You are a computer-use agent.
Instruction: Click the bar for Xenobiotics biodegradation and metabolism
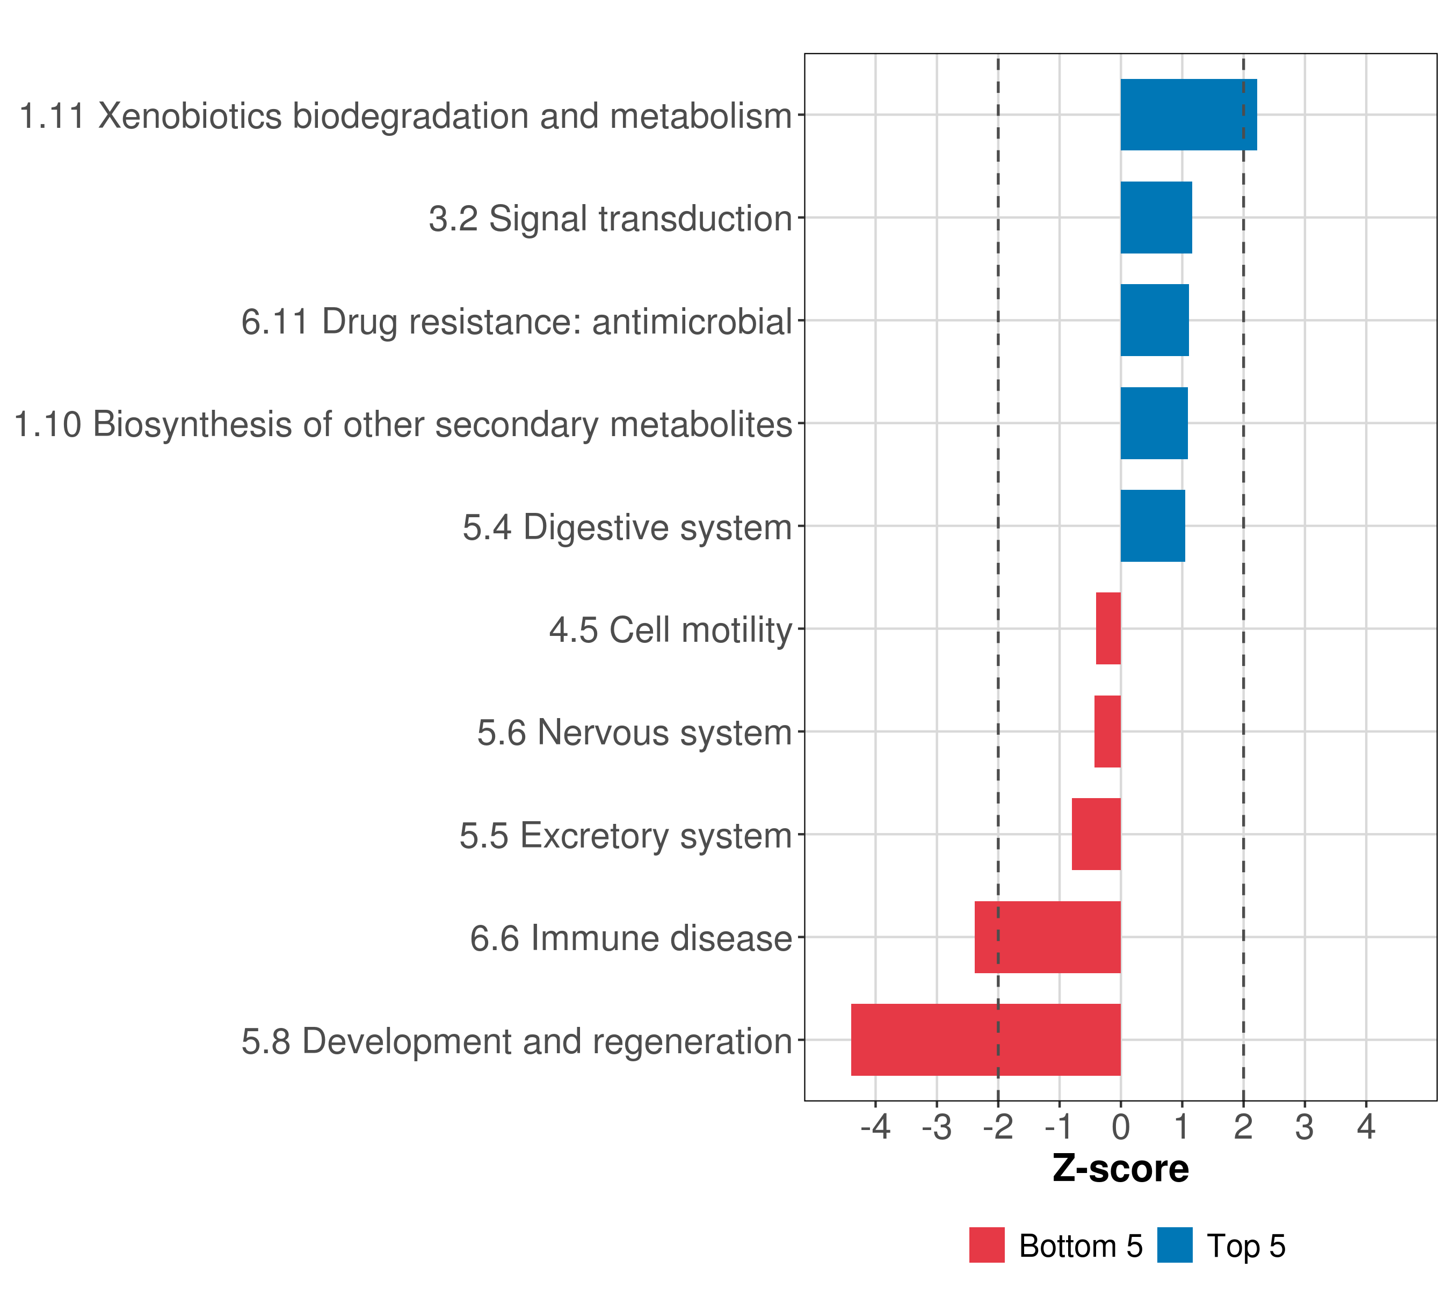click(1188, 114)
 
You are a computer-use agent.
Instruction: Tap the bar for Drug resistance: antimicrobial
click(1154, 320)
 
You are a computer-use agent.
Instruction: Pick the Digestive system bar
click(1152, 526)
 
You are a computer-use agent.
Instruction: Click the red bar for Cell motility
click(1108, 628)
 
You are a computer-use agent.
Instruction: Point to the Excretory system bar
click(1096, 834)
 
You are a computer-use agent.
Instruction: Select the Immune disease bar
click(1047, 937)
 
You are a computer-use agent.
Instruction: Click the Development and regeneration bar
click(985, 1040)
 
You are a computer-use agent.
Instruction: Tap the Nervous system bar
click(1107, 732)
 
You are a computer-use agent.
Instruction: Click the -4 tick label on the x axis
click(875, 1127)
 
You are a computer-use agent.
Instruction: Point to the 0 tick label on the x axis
click(1121, 1127)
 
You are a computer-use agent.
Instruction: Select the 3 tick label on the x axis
click(1304, 1127)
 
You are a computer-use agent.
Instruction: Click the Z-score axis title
click(1120, 1168)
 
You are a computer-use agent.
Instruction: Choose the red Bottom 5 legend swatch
click(987, 1245)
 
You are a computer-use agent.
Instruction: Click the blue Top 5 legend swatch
click(1175, 1245)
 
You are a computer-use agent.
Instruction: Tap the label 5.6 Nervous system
click(634, 733)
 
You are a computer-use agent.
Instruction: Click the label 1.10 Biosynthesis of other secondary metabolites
click(403, 424)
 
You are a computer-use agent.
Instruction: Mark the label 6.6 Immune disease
click(630, 938)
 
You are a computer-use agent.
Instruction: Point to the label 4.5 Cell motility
click(670, 630)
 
